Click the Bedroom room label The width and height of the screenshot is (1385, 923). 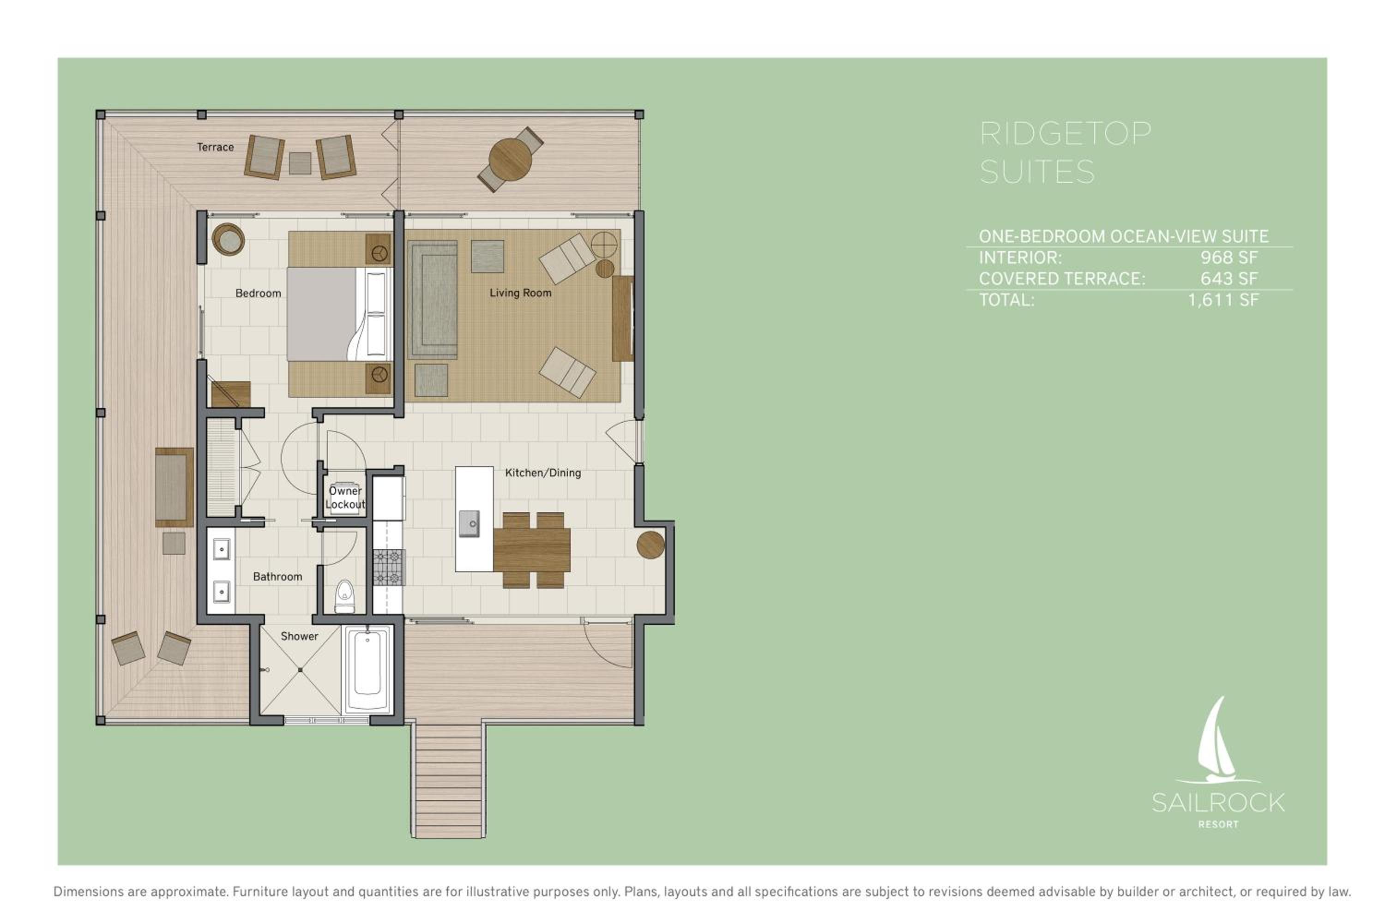pos(258,293)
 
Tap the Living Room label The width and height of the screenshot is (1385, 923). pos(521,293)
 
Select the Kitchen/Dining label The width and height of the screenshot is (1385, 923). pos(543,473)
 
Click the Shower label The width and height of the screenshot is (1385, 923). pos(299,636)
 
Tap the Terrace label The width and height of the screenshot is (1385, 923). pos(215,147)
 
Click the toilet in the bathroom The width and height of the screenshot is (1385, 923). pos(344,596)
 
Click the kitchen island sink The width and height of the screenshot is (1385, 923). pos(470,524)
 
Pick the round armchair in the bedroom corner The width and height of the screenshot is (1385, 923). pos(228,239)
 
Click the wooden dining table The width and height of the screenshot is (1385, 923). pos(531,550)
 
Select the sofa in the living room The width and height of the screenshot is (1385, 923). pos(433,300)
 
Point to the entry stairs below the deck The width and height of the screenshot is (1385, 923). pos(448,780)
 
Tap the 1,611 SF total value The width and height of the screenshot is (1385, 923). pos(1224,300)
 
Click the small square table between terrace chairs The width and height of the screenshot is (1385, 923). pos(300,163)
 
